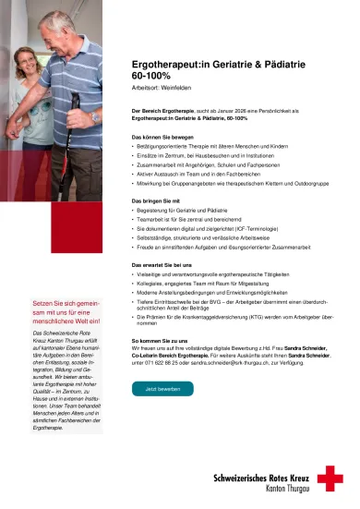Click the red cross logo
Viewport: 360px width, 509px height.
[x=330, y=478]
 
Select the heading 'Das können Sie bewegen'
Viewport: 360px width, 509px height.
[x=162, y=136]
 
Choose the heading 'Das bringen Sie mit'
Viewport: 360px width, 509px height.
[x=157, y=200]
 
